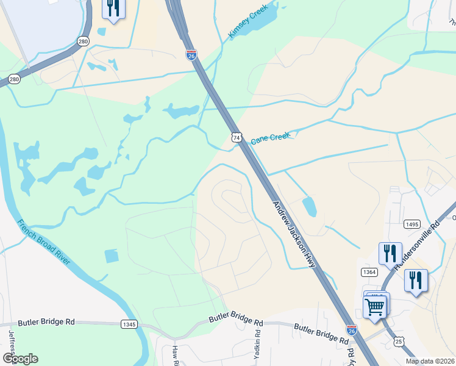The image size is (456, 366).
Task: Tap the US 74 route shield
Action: point(237,138)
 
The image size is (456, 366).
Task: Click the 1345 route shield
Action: point(129,324)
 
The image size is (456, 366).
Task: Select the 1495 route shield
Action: point(412,224)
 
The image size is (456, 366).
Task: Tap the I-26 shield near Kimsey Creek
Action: point(191,55)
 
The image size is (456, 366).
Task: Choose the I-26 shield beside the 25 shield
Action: point(352,330)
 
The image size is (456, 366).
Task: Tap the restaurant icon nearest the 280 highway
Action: point(113,9)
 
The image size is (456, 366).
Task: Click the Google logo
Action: point(20,359)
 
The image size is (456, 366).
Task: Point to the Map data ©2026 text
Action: point(429,361)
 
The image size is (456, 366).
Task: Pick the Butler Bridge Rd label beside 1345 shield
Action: point(46,322)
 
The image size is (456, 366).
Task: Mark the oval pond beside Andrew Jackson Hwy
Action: point(309,207)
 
